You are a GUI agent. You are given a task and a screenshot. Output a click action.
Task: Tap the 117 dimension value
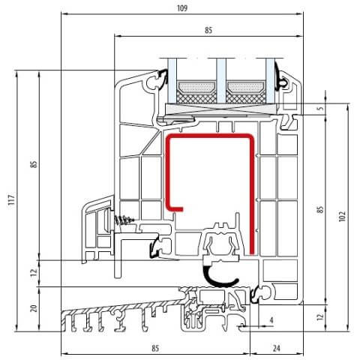(x=10, y=200)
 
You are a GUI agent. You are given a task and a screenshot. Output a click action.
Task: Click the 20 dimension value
(x=33, y=308)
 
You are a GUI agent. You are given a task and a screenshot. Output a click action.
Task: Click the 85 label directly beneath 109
(x=208, y=31)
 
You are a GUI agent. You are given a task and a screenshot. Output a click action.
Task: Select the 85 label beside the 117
(x=33, y=164)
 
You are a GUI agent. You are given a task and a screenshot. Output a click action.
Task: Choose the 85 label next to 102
(x=319, y=211)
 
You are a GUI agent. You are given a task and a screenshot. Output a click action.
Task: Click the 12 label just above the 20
(x=33, y=274)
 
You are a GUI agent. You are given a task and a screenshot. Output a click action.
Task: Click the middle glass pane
(x=222, y=79)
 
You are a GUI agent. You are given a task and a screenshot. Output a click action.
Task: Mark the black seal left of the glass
(x=160, y=78)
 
